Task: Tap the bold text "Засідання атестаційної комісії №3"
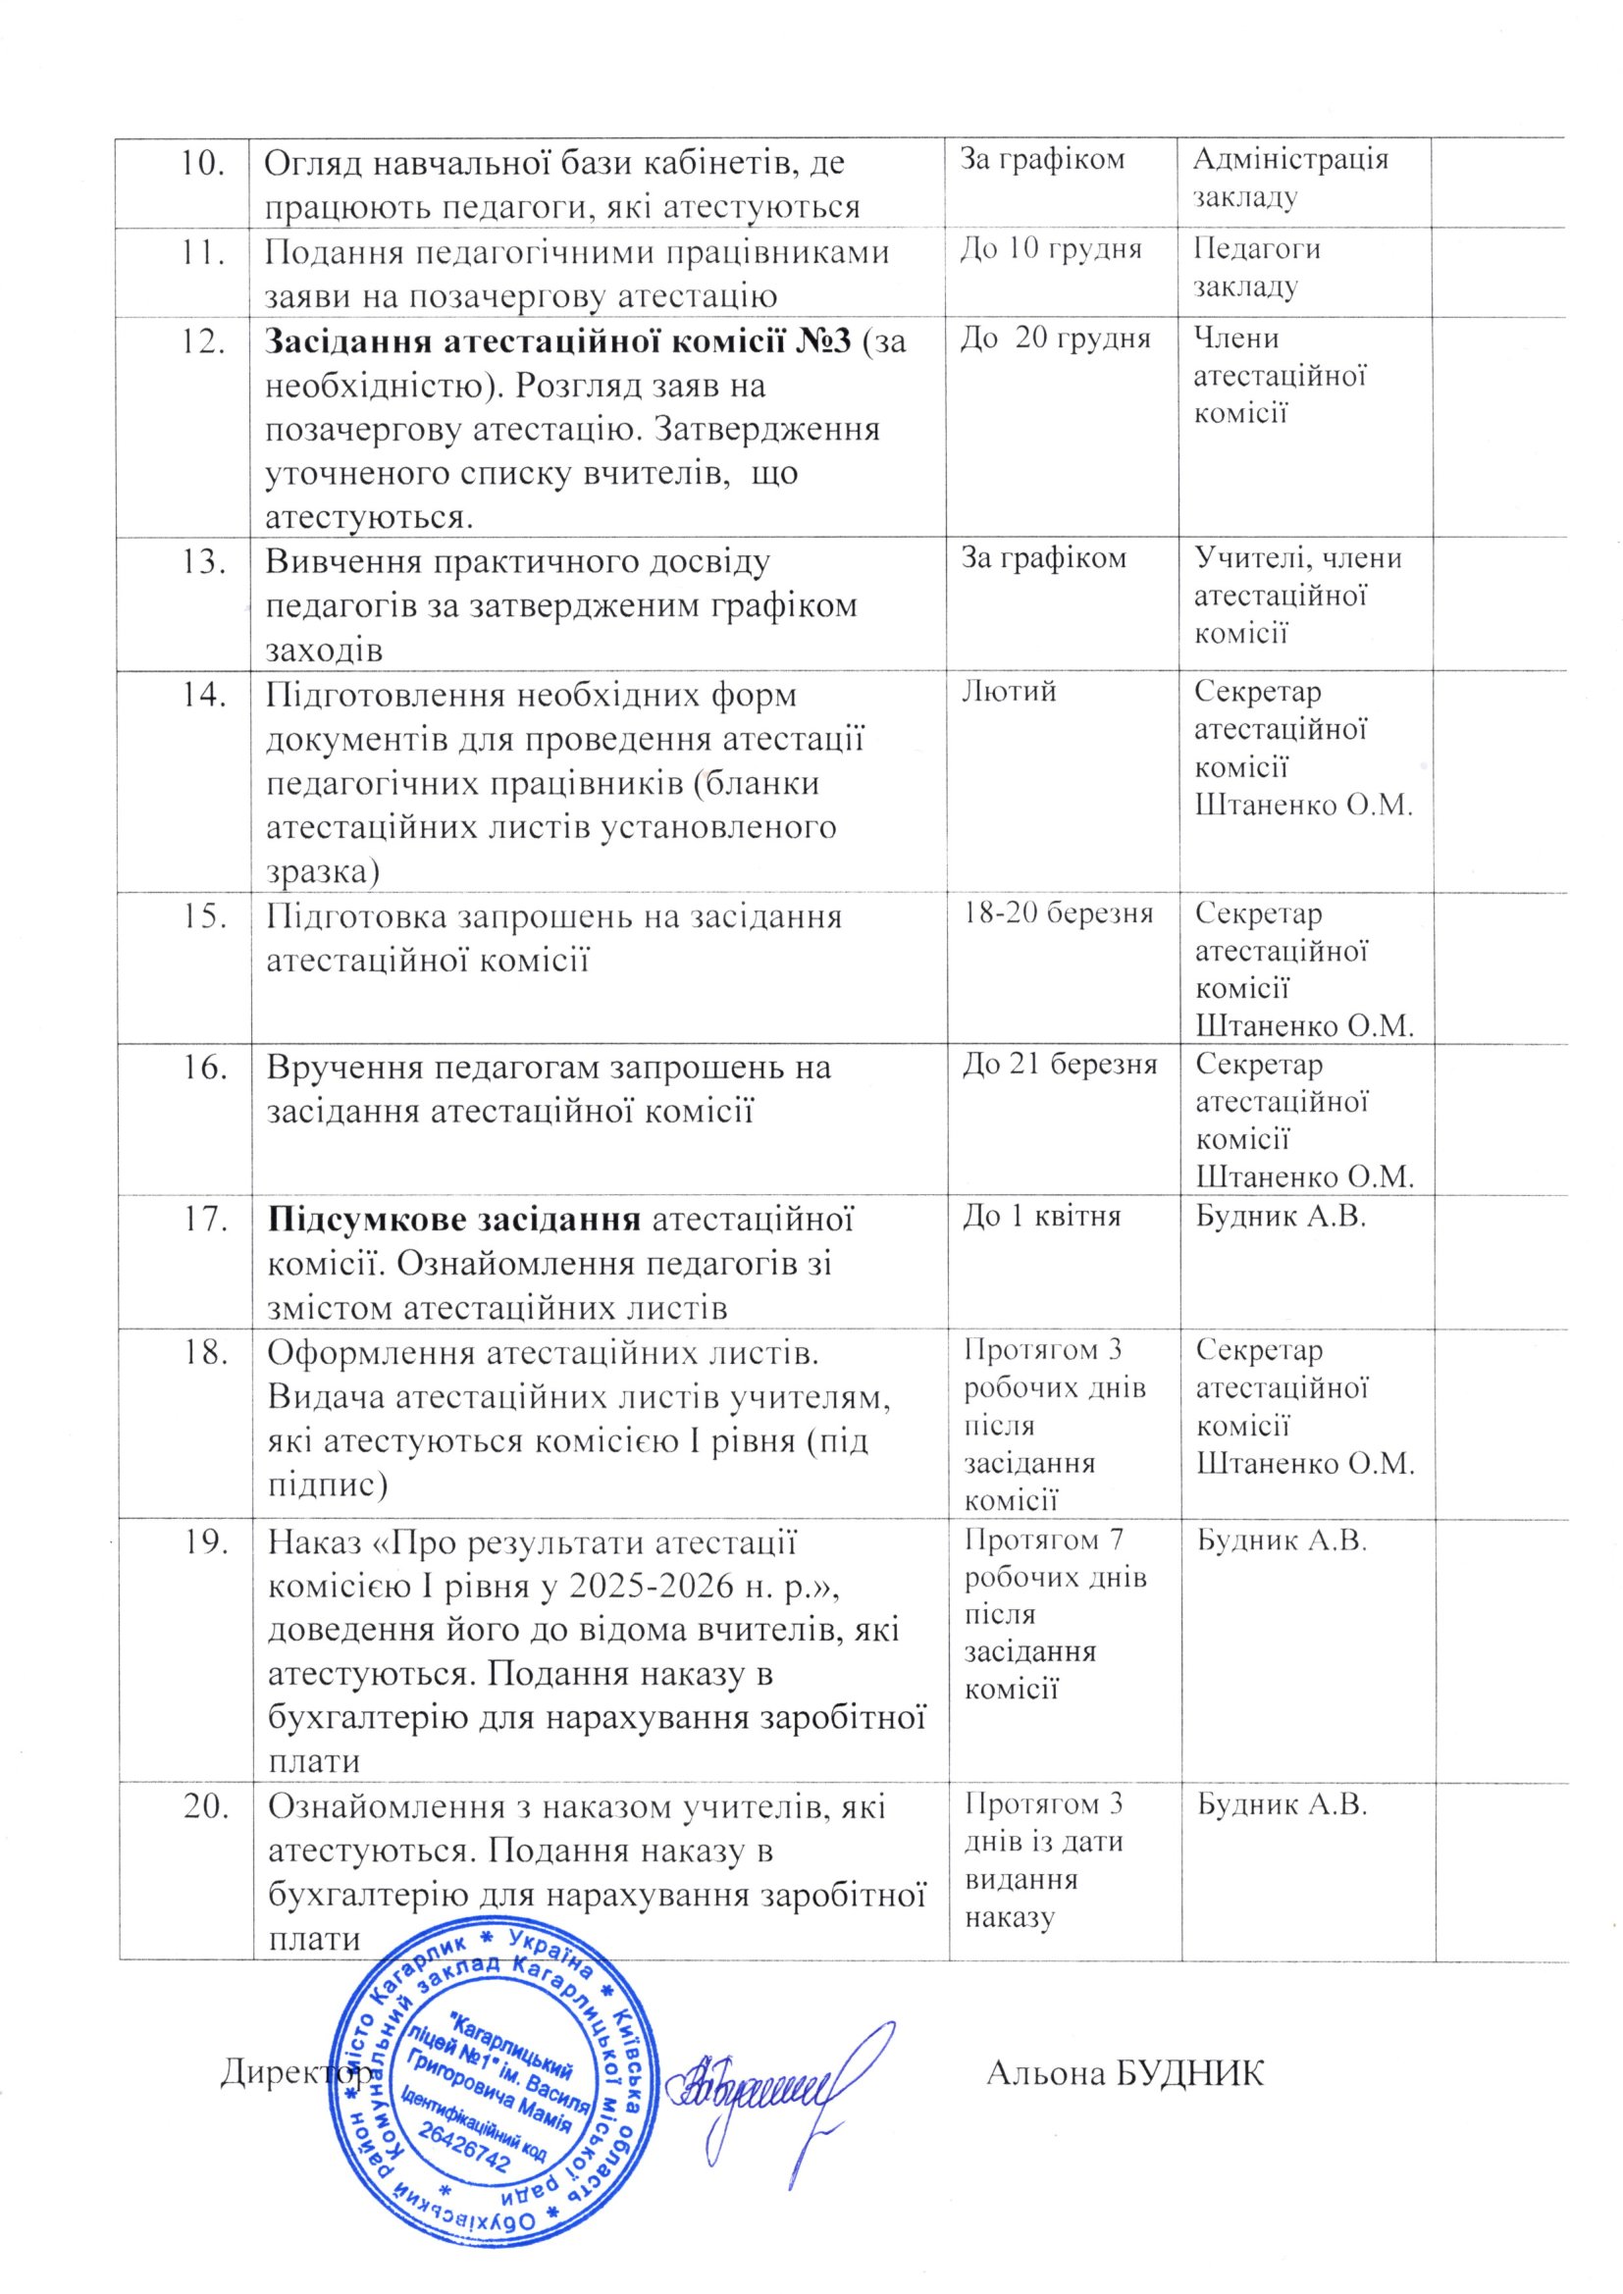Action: pos(556,341)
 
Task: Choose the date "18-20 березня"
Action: pos(1058,913)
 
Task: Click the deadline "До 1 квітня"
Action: pos(1040,1215)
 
